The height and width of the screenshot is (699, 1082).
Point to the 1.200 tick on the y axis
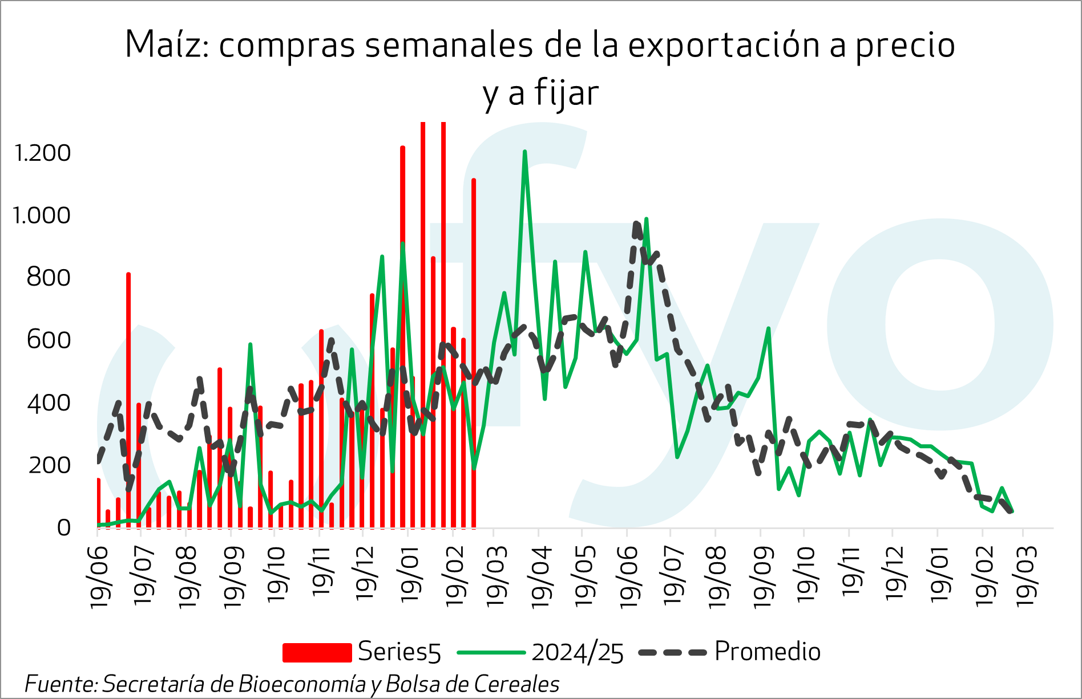(42, 153)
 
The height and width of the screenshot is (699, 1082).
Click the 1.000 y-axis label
(41, 216)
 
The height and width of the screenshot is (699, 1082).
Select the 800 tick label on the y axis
(49, 278)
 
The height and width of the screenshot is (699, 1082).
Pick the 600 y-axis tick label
(49, 340)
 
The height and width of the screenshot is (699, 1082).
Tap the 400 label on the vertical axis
(49, 403)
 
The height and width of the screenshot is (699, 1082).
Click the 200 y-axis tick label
(49, 465)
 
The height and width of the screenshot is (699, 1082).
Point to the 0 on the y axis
(63, 528)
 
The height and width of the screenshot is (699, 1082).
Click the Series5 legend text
(399, 652)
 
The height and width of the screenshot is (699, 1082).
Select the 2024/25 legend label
(578, 652)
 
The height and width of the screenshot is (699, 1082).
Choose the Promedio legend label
(768, 652)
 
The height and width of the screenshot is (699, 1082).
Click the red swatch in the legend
(317, 652)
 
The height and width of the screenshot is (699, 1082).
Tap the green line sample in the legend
(491, 652)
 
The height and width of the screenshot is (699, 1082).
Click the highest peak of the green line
(524, 152)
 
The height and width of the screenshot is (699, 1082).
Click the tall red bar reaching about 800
(128, 399)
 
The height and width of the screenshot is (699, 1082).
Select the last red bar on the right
(474, 353)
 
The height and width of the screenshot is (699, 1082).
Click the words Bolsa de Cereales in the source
(473, 684)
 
